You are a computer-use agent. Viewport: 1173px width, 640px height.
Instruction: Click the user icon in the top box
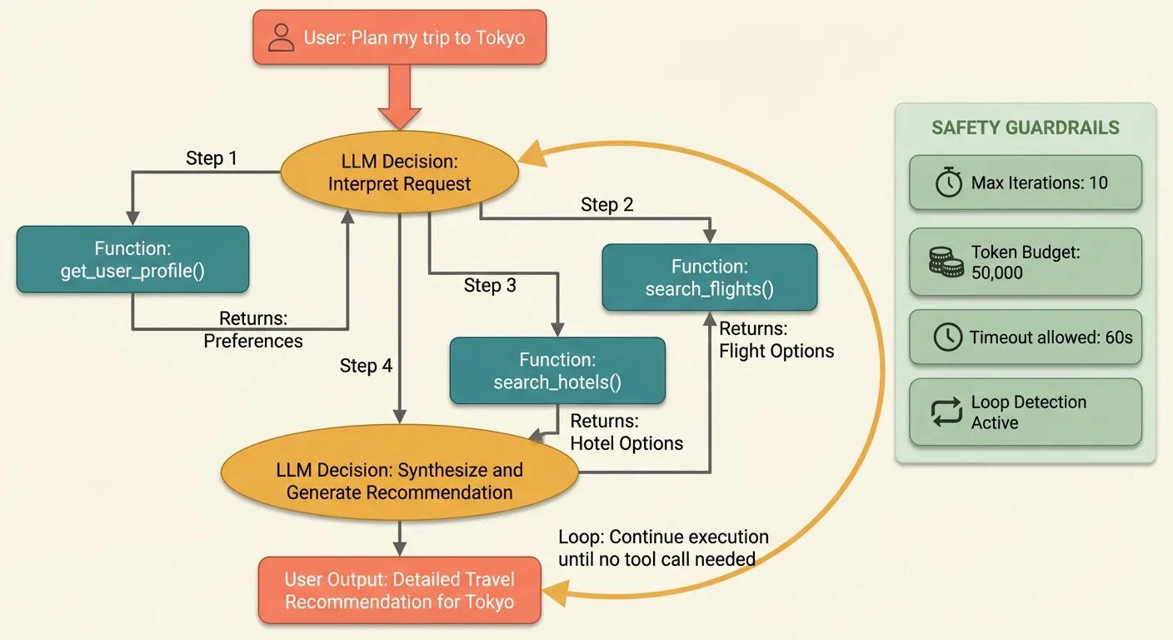(282, 37)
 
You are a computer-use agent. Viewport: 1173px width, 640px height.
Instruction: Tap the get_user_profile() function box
(132, 259)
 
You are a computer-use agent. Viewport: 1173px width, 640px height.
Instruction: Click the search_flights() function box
(710, 277)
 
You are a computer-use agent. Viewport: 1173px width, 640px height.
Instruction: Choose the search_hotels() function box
(557, 371)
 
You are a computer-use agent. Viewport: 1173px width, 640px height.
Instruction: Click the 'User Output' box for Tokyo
(400, 591)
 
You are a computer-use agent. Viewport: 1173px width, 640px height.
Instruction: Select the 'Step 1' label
(212, 158)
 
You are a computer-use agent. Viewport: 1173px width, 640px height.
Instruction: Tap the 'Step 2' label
(607, 205)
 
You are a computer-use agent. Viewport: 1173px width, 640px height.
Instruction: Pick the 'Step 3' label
(490, 286)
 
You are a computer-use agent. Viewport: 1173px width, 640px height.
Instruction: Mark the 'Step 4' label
(366, 366)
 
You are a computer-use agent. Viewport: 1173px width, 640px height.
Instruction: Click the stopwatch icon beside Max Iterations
(948, 182)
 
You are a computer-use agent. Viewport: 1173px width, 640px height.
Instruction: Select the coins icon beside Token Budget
(946, 262)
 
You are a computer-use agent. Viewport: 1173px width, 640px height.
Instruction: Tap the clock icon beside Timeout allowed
(946, 337)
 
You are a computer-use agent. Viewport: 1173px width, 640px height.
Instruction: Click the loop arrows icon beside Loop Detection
(947, 412)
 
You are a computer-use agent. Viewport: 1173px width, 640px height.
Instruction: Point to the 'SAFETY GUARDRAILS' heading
(1025, 128)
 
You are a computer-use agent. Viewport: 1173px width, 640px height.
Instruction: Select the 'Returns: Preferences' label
(253, 330)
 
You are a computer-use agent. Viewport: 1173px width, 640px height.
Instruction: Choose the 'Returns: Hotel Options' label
(626, 432)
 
